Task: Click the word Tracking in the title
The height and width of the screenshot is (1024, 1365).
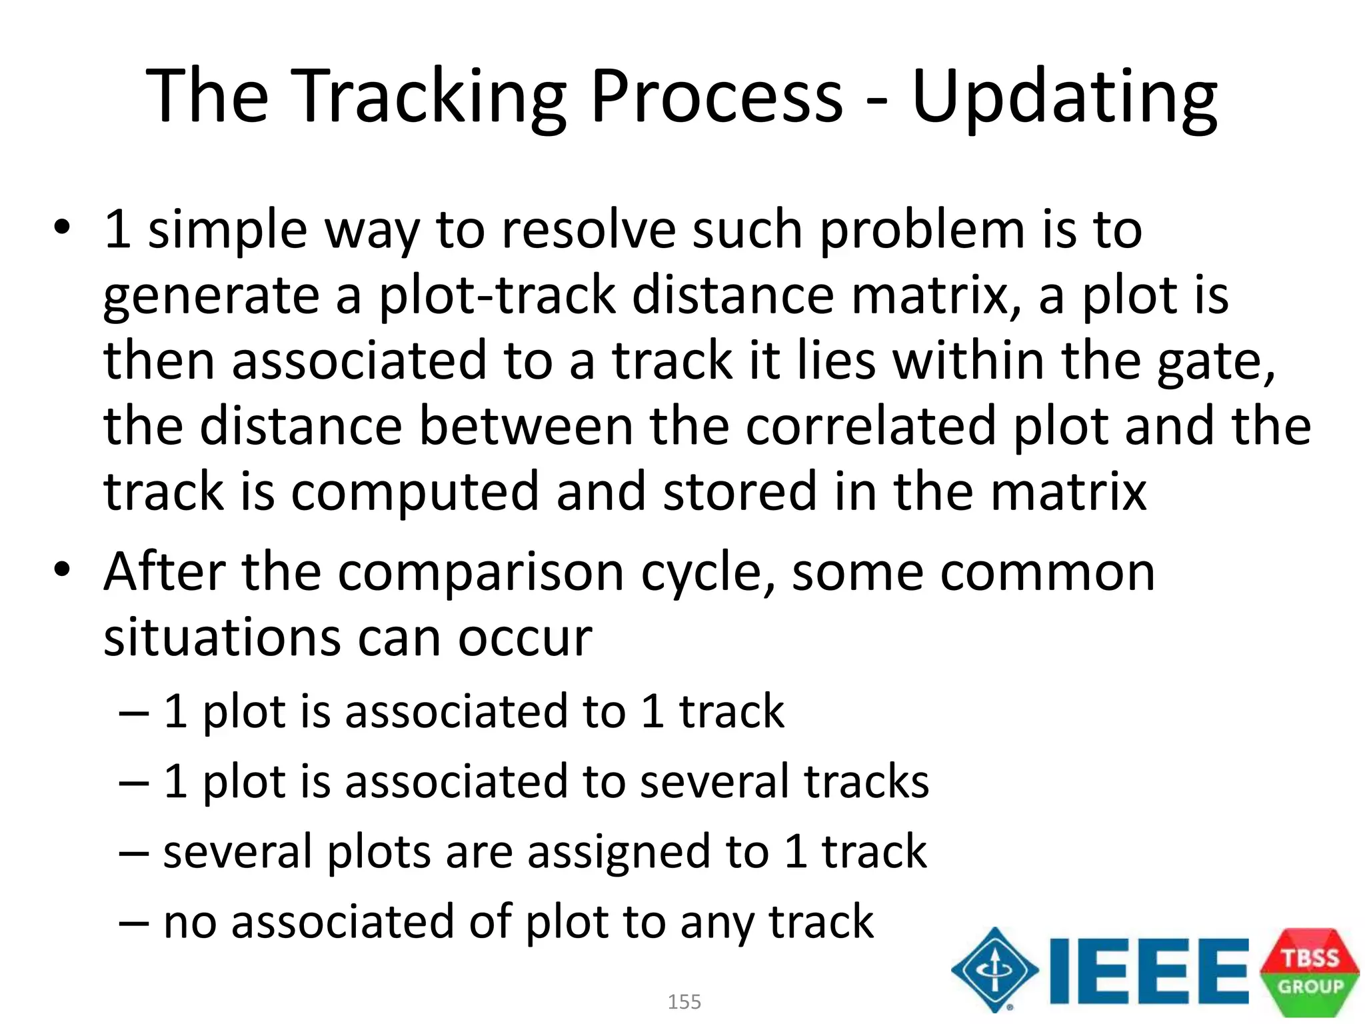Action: pyautogui.click(x=429, y=97)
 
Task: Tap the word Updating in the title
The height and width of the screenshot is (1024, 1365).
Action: pyautogui.click(x=1064, y=97)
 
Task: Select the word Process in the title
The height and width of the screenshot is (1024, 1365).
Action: pyautogui.click(x=717, y=97)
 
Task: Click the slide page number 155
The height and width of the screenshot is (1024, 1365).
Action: pyautogui.click(x=684, y=1001)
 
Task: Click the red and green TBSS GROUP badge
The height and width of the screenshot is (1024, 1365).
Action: pyautogui.click(x=1309, y=971)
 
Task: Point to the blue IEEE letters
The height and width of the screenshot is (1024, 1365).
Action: pyautogui.click(x=1148, y=971)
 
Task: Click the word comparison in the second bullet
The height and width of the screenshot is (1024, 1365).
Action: pyautogui.click(x=481, y=573)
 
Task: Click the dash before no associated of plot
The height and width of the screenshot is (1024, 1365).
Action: pyautogui.click(x=133, y=923)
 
